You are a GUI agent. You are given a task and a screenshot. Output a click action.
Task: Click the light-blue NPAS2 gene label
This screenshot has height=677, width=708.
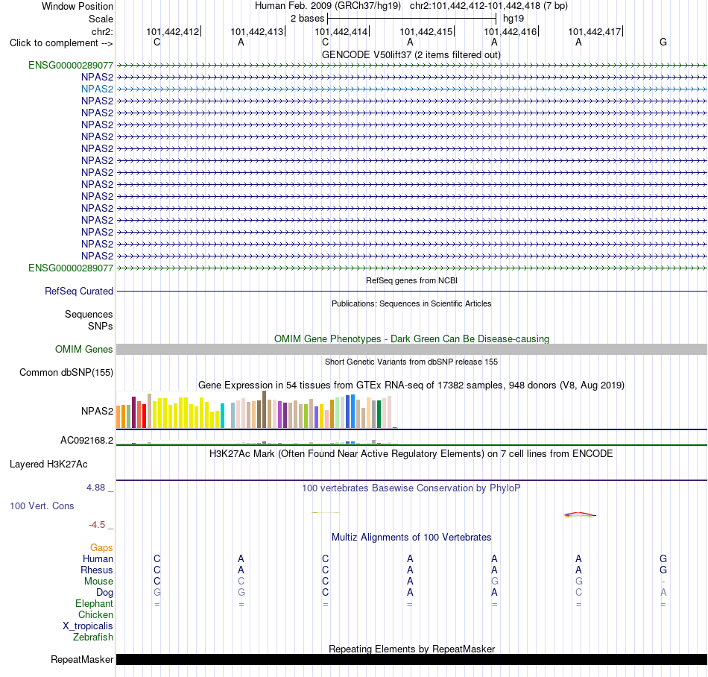click(97, 89)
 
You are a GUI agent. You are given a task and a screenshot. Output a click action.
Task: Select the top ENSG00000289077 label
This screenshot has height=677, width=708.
click(71, 65)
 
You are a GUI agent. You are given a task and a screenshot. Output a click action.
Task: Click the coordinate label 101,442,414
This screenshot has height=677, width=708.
click(341, 31)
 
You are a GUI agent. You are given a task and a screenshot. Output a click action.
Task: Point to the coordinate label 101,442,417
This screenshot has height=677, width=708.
click(594, 31)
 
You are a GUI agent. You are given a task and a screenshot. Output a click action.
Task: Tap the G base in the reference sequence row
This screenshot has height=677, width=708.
click(663, 42)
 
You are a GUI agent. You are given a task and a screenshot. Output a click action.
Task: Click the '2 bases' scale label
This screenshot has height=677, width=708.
click(307, 19)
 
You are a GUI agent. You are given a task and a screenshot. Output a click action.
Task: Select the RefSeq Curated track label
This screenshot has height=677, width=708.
click(79, 292)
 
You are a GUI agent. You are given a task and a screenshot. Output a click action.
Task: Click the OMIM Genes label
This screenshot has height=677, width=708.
click(84, 349)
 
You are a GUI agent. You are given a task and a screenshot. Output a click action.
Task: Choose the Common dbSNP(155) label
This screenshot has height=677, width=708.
click(66, 373)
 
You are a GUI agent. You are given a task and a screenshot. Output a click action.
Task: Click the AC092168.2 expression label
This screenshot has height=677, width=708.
click(86, 441)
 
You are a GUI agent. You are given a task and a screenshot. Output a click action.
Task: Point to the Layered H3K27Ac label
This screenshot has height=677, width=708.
click(48, 465)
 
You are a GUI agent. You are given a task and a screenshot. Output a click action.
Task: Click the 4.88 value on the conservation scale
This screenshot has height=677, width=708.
click(95, 488)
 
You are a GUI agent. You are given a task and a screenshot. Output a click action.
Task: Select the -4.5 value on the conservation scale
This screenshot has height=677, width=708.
click(97, 525)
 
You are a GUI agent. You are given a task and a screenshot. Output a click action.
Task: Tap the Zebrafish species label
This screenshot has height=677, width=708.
click(93, 637)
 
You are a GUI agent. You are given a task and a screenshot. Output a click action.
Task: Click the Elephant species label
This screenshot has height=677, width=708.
click(95, 604)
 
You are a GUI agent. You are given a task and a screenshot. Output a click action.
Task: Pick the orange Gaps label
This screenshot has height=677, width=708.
click(101, 548)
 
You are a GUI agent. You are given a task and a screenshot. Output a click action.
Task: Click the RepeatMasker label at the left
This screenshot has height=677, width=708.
click(82, 660)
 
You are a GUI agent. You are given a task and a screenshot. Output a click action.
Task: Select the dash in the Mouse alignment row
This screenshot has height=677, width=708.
click(663, 582)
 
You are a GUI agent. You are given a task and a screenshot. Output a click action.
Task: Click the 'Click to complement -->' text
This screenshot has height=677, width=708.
click(61, 43)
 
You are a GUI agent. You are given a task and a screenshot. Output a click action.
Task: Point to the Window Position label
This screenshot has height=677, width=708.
click(78, 6)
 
